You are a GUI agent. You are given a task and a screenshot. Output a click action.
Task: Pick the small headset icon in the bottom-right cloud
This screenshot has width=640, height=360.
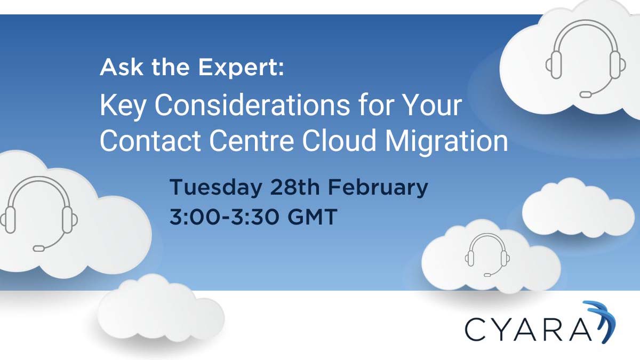487,255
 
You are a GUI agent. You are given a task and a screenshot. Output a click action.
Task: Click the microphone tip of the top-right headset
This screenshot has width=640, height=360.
586,94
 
